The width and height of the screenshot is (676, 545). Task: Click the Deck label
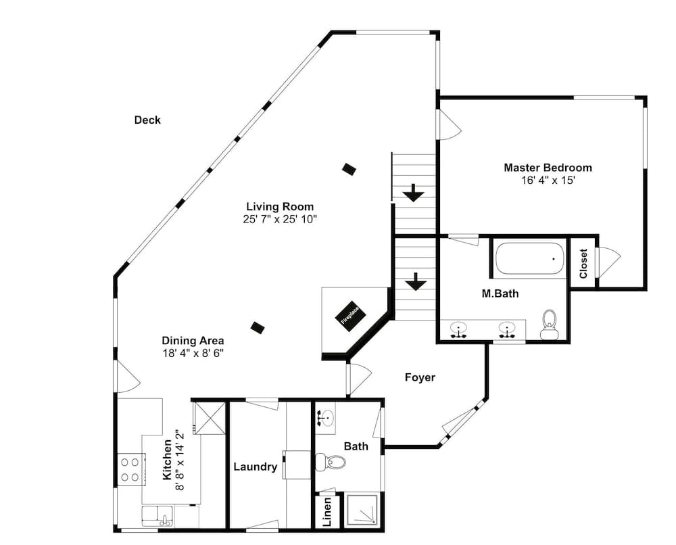(147, 120)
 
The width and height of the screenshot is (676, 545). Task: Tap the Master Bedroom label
(548, 167)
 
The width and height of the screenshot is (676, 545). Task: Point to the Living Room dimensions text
(280, 219)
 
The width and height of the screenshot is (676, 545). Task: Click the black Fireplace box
(350, 316)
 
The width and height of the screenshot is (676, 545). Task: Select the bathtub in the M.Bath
(530, 258)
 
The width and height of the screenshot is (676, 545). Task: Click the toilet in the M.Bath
(549, 325)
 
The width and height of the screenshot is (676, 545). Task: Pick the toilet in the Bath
(331, 463)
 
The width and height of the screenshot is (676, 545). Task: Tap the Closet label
(583, 263)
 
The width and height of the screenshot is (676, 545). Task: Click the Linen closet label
(327, 512)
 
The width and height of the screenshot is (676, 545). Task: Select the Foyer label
(420, 377)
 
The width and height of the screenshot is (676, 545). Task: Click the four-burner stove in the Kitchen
(130, 469)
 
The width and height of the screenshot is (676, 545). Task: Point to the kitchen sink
(157, 516)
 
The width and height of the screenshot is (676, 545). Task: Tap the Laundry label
(256, 467)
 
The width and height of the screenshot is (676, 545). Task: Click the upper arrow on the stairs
(414, 193)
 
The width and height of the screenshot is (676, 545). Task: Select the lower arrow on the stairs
(416, 281)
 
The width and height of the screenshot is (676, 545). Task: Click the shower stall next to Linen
(362, 511)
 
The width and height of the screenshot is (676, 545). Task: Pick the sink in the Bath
(326, 417)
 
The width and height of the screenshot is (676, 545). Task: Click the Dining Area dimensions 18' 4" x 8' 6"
(193, 353)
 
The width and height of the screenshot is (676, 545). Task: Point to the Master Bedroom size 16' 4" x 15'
(548, 180)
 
